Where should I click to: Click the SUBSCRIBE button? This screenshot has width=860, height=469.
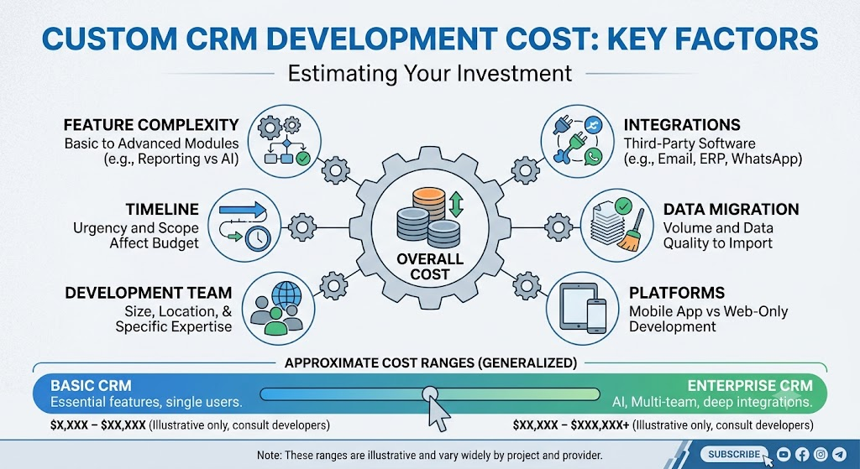[734, 454]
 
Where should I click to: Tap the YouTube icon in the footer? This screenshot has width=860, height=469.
[784, 454]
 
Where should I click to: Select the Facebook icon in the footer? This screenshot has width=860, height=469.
[802, 454]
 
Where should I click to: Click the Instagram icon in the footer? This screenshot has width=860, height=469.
[821, 454]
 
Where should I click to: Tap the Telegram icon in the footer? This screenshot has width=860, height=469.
[839, 454]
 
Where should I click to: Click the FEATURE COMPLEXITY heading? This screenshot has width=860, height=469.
[151, 125]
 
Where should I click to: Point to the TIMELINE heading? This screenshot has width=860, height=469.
[162, 209]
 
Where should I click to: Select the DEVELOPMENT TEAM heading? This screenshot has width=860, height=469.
[148, 293]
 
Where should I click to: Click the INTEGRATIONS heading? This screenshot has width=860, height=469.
[682, 125]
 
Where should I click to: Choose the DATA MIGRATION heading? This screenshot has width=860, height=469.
[732, 209]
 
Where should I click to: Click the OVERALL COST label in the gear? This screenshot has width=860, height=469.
[429, 266]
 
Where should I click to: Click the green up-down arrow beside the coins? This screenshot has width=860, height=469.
[456, 203]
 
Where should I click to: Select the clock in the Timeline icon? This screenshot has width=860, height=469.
[258, 239]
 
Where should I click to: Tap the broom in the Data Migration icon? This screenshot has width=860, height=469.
[629, 236]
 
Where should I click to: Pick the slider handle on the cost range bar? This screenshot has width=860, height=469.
[429, 393]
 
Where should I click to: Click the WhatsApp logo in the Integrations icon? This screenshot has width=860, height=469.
[592, 157]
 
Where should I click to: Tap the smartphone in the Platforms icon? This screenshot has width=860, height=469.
[596, 316]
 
